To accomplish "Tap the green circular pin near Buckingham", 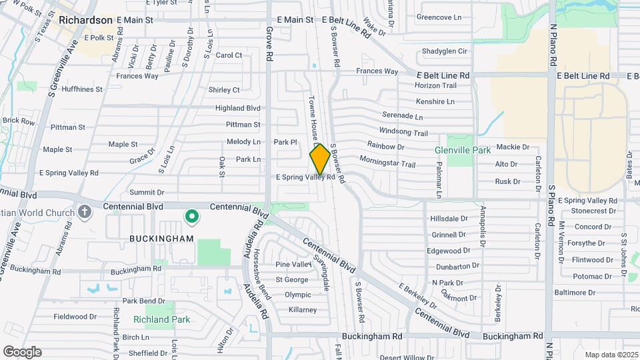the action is pos(192,216).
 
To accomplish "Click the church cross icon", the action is pos(84,212).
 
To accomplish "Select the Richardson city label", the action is pos(85,20).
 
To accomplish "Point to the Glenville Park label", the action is pos(463,151).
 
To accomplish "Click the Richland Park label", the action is pos(161,319).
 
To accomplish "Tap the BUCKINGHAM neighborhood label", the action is pos(162,238).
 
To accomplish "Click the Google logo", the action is pos(22,352).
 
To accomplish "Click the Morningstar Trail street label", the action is pos(387,161).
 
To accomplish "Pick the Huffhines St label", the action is pos(81,89).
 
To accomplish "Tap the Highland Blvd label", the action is pos(237,107).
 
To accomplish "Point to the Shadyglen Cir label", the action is pos(445,51).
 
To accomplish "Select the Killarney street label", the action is pos(303,310).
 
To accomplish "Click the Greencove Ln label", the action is pos(439,17).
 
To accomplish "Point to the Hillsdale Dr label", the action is pos(449,219).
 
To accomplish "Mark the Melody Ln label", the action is pos(243,142).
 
